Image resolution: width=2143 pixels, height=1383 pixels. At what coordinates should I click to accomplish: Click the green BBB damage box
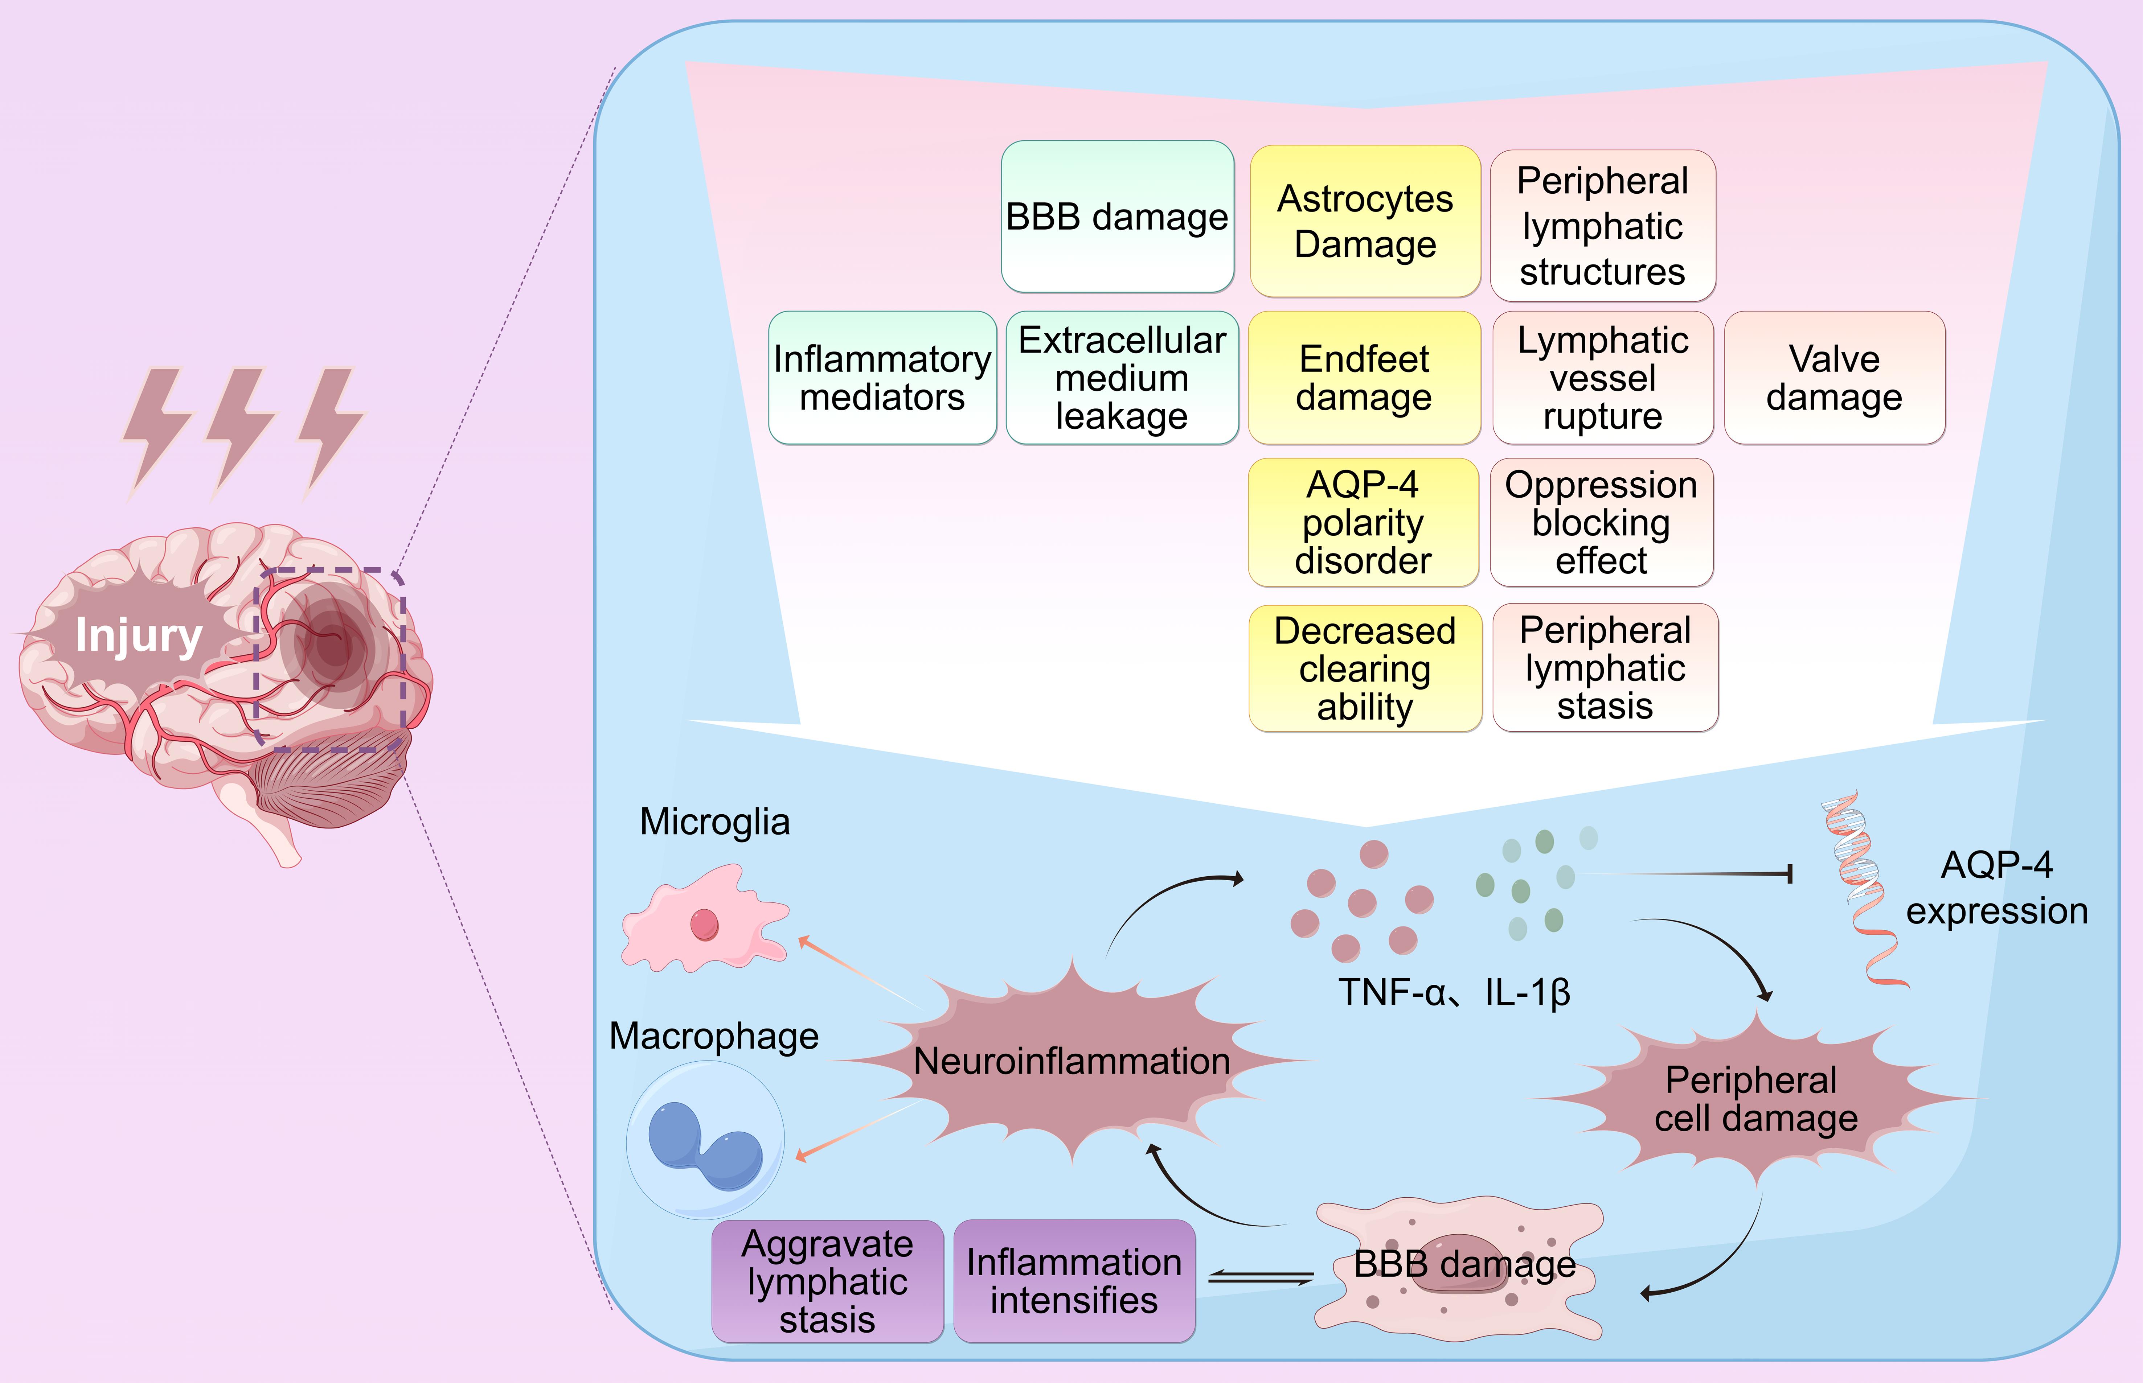click(x=1117, y=217)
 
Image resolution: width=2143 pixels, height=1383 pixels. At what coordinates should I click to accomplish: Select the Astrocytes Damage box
click(x=1364, y=221)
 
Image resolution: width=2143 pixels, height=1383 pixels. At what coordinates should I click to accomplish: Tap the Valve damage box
click(x=1834, y=377)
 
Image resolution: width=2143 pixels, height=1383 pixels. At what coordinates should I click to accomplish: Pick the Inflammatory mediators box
click(x=882, y=377)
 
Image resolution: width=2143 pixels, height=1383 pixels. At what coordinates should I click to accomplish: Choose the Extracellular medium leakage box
click(x=1122, y=377)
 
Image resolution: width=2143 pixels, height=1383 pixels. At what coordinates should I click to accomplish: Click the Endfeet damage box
click(x=1363, y=377)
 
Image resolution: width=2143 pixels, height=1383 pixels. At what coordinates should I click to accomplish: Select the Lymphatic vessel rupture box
click(x=1602, y=377)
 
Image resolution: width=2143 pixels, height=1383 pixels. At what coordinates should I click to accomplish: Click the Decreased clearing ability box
click(x=1364, y=668)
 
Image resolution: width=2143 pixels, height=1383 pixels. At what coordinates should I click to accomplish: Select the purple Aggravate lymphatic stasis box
click(x=827, y=1281)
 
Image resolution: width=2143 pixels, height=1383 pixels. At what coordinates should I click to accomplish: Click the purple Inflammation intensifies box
click(x=1074, y=1281)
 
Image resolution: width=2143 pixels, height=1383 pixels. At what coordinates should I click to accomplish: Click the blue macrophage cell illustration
click(x=705, y=1140)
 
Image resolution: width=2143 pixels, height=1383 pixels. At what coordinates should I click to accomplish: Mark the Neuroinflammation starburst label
click(x=1071, y=1061)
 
